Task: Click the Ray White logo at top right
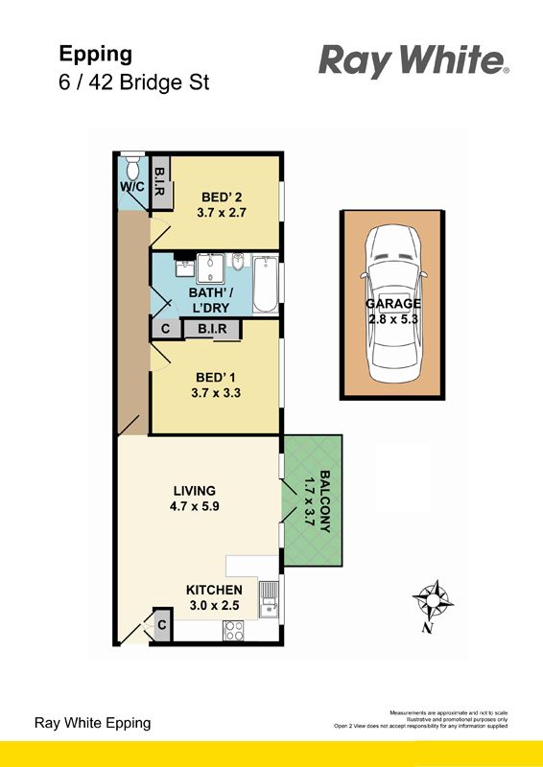point(413,61)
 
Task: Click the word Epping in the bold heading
point(96,55)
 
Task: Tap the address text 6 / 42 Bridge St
point(133,82)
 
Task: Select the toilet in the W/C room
point(132,167)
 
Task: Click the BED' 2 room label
point(222,198)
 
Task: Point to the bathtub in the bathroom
point(265,285)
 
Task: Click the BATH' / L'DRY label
point(210,301)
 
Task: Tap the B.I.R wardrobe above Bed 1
point(212,329)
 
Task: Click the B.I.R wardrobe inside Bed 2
point(159,183)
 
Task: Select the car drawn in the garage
point(393,303)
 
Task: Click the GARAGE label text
point(393,304)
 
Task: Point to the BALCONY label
point(324,501)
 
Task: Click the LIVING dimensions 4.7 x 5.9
point(195,506)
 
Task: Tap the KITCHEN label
point(214,591)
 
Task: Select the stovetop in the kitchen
point(234,630)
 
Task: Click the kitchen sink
point(269,600)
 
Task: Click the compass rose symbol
point(433,601)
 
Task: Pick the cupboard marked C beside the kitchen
point(162,625)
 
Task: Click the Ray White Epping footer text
point(92,723)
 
